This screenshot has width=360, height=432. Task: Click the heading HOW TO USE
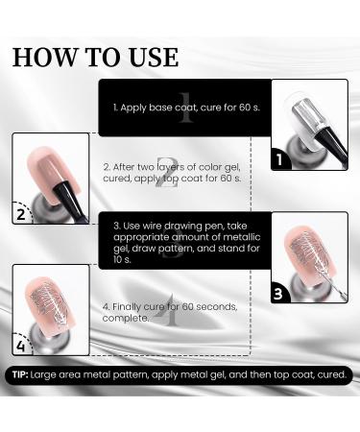click(x=96, y=56)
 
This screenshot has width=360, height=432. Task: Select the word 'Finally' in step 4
click(x=136, y=307)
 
